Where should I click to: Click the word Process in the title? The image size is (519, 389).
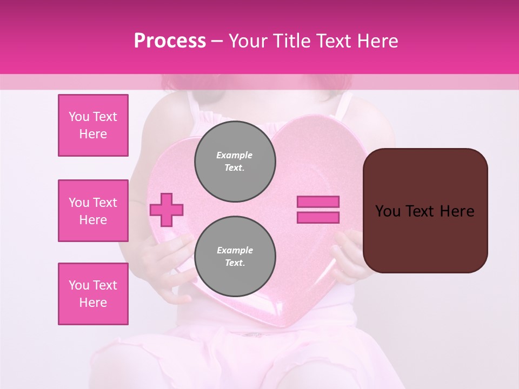click(170, 41)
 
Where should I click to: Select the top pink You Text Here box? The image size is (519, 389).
click(93, 125)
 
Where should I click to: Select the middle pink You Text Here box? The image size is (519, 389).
click(93, 211)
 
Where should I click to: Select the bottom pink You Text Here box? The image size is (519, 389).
click(93, 294)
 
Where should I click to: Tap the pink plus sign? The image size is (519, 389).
click(167, 210)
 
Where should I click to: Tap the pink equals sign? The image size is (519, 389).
click(318, 210)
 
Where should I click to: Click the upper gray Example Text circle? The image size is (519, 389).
click(235, 161)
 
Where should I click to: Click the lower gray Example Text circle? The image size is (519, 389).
click(235, 256)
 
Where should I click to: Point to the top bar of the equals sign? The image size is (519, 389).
click(318, 202)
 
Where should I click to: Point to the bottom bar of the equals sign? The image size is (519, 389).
click(318, 217)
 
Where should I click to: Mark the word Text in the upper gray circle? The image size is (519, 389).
click(235, 168)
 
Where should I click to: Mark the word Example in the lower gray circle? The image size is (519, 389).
click(235, 250)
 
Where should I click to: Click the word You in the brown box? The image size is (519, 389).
click(387, 211)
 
